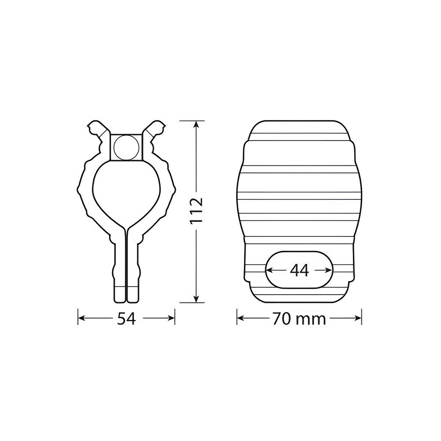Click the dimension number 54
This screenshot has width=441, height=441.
pos(127,319)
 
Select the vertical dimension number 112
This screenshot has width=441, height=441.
pos(196,211)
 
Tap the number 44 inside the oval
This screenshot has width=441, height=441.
pos(299,271)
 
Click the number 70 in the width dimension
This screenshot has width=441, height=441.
pos(281,319)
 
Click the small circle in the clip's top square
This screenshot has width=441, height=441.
pos(127,148)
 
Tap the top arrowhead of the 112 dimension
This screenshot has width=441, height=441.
pos(196,125)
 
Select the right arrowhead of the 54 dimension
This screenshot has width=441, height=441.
pos(171,318)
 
